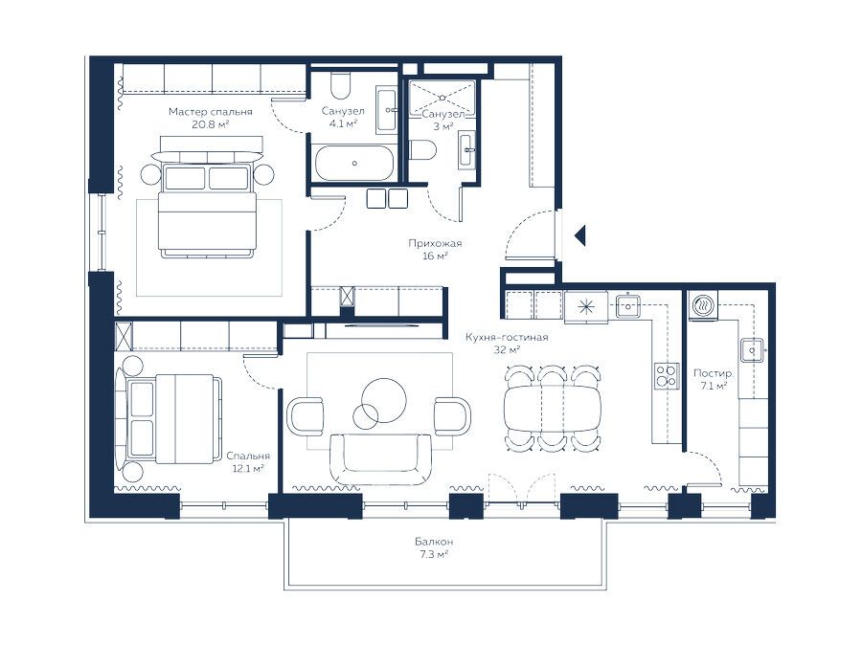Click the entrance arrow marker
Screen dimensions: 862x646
tap(580, 235)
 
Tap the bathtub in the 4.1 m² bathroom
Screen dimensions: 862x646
tap(354, 163)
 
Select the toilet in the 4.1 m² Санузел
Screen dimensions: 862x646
tap(341, 83)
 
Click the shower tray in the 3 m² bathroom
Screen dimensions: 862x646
tap(442, 98)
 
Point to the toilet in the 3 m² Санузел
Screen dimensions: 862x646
tap(422, 149)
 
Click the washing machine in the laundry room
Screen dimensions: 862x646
tap(703, 305)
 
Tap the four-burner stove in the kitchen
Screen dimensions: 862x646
tap(667, 376)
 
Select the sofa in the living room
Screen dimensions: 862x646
tap(380, 458)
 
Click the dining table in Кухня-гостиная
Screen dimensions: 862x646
tap(553, 409)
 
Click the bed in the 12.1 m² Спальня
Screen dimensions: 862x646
tap(168, 420)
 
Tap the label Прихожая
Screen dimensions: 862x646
tap(435, 243)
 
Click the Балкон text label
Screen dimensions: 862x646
tap(434, 542)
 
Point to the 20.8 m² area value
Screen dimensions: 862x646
tap(210, 124)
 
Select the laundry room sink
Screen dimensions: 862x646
tap(752, 350)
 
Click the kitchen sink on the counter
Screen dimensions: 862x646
tap(627, 305)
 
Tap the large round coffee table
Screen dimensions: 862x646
tap(384, 400)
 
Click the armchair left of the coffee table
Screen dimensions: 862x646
tap(306, 416)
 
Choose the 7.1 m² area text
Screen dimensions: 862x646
tap(714, 387)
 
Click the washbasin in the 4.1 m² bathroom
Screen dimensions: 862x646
tap(388, 109)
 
